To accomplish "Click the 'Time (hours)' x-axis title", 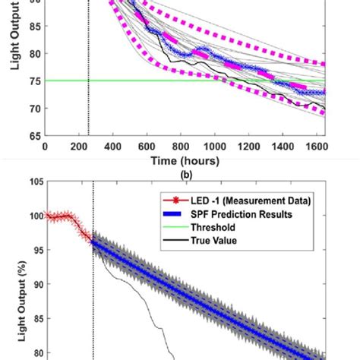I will click(185, 160).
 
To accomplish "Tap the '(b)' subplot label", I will click(185, 174).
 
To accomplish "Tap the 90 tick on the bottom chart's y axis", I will click(33, 284).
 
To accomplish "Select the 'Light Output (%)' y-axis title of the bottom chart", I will click(11, 273).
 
